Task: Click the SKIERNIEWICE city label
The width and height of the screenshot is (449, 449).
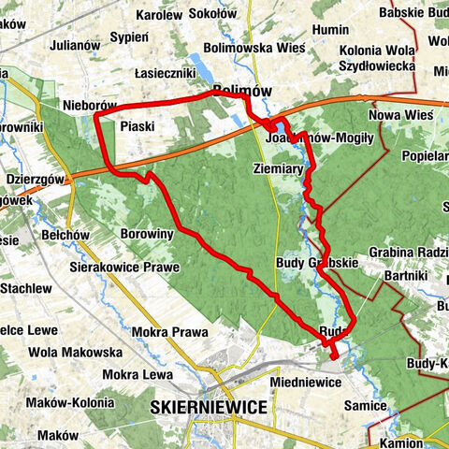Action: coord(209,407)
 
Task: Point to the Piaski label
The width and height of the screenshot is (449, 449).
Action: coord(137,125)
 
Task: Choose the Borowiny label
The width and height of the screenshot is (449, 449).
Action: coord(147,234)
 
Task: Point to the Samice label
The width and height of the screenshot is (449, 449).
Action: coord(364,405)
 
